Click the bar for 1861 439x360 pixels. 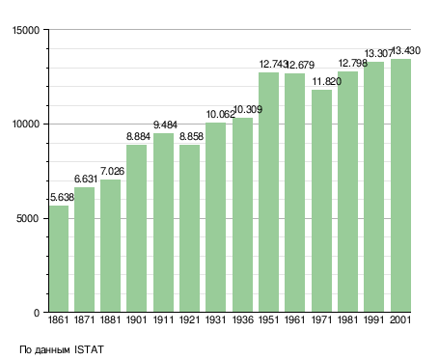pyautogui.click(x=59, y=259)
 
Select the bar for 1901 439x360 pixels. pyautogui.click(x=137, y=229)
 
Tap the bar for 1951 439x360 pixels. pyautogui.click(x=268, y=192)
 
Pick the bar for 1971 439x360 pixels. pyautogui.click(x=321, y=201)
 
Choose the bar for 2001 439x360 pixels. pyautogui.click(x=400, y=185)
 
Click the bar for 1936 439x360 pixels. pyautogui.click(x=242, y=215)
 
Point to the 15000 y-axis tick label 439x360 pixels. pyautogui.click(x=26, y=30)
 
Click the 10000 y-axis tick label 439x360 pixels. pyautogui.click(x=26, y=125)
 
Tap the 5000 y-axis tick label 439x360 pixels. pyautogui.click(x=28, y=218)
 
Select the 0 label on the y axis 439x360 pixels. pyautogui.click(x=37, y=313)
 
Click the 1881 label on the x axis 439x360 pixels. pyautogui.click(x=110, y=319)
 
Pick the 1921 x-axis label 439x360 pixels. pyautogui.click(x=189, y=319)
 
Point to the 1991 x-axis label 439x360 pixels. pyautogui.click(x=374, y=319)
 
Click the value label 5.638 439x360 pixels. pyautogui.click(x=62, y=197)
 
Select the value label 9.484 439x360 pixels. pyautogui.click(x=165, y=125)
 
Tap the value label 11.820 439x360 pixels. pyautogui.click(x=327, y=81)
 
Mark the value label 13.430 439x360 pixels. pyautogui.click(x=406, y=50)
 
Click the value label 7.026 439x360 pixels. pyautogui.click(x=112, y=171)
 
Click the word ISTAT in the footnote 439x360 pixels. pyautogui.click(x=89, y=349)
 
